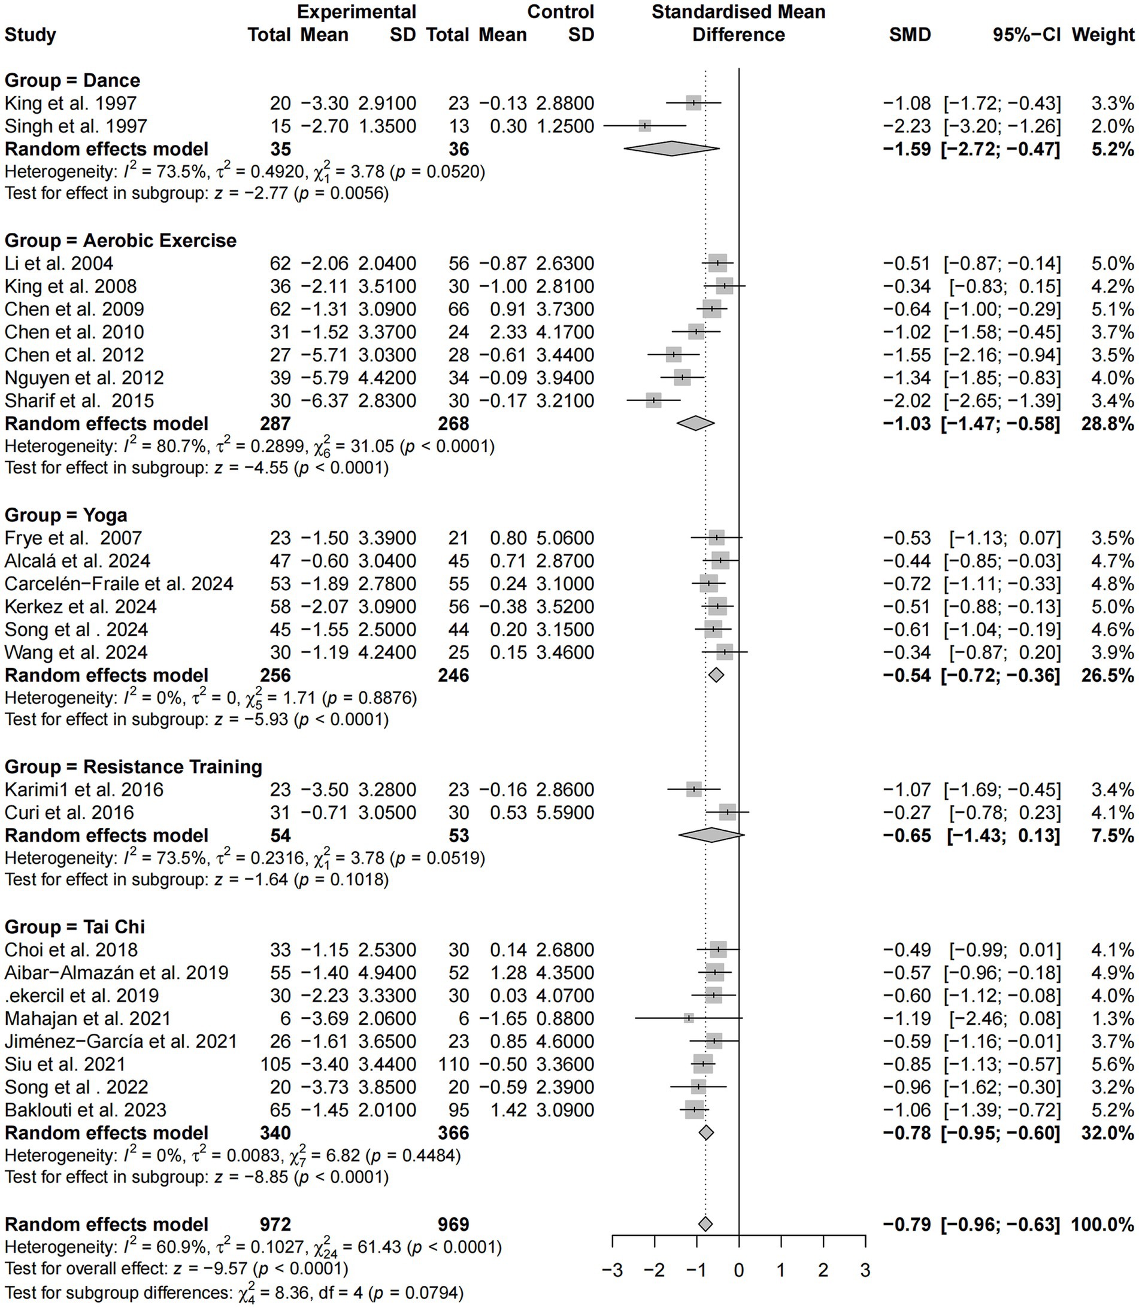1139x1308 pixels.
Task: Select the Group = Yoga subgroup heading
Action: pos(66,515)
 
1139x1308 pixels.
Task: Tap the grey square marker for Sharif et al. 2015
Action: pos(653,401)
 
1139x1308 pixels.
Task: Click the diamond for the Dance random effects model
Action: pos(671,149)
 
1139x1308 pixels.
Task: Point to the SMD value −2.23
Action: pos(907,126)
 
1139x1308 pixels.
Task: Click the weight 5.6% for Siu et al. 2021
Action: pos(1113,1064)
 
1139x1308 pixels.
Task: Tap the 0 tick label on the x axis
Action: pos(738,1254)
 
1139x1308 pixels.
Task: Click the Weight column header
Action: pos(1103,35)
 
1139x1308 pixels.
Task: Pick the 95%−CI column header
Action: pos(1026,35)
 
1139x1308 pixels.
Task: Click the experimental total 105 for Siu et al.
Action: pos(275,1064)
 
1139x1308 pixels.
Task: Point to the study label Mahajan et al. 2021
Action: pos(87,1018)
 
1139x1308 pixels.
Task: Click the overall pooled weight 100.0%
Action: pos(1103,1224)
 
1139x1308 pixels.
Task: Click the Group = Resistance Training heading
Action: pos(134,767)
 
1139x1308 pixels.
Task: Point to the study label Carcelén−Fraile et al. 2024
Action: pos(119,584)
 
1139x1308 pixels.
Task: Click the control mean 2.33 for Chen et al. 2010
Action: pos(508,332)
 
